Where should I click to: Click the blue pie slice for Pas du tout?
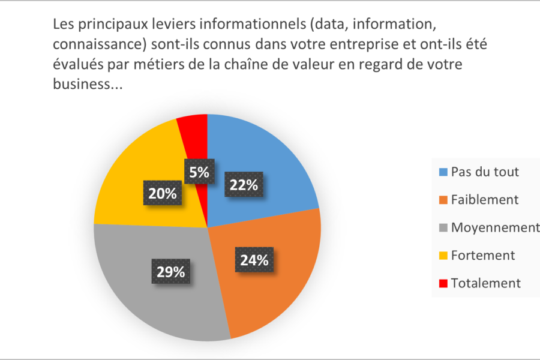point(270,156)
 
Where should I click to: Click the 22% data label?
point(244,185)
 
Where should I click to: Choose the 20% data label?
point(163,193)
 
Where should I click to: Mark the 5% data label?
point(199,172)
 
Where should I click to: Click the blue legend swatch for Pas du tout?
point(443,172)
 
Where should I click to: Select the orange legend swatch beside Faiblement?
point(443,200)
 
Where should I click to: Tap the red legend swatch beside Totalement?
point(443,283)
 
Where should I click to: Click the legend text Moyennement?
point(495,227)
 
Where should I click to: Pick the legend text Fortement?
point(482,256)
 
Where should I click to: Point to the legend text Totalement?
point(485,283)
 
